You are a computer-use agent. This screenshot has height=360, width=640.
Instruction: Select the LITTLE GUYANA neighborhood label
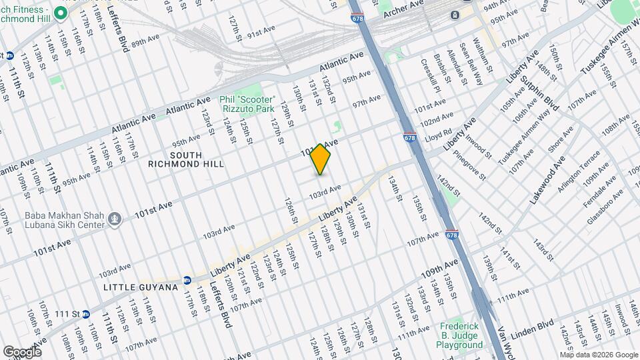(141, 287)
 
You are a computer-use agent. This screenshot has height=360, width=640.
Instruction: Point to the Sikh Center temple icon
(115, 218)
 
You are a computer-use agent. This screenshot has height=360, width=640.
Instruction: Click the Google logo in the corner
(22, 351)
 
